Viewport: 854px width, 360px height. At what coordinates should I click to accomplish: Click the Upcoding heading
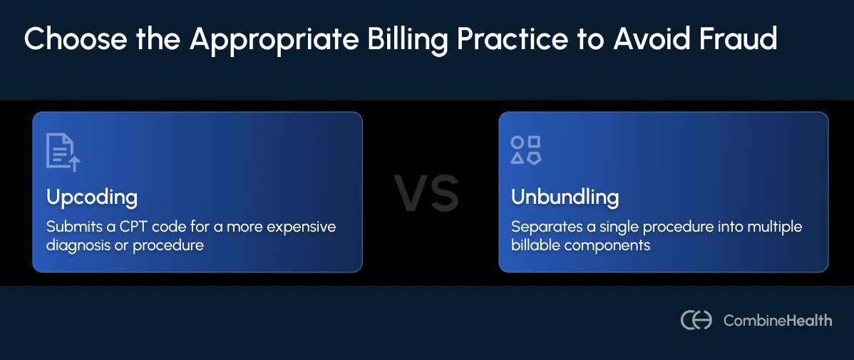coord(92,197)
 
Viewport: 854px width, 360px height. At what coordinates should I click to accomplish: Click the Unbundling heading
coord(565,197)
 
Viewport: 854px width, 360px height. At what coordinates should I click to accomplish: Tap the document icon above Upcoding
coord(63,151)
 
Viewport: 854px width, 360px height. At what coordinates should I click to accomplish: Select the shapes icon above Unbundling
coord(526,150)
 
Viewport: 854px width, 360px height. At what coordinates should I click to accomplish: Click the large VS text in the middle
coord(427,194)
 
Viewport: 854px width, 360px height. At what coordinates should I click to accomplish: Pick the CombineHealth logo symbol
coord(696,320)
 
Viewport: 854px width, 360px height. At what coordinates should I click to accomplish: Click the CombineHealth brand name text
coord(778,321)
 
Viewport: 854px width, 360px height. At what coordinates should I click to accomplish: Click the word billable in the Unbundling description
coord(534,245)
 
